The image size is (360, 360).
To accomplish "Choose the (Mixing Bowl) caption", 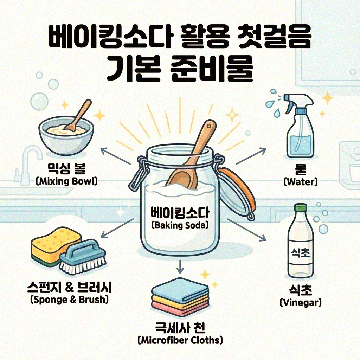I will [x=66, y=181].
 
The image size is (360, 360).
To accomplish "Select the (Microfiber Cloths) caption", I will [x=180, y=340].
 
